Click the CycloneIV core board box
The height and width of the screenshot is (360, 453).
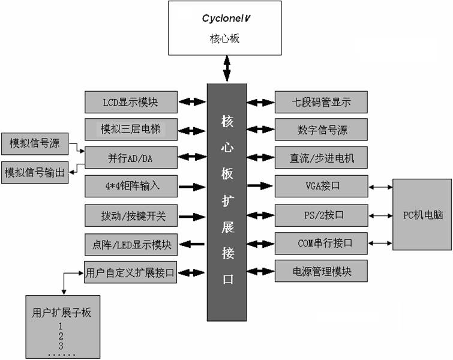click(x=225, y=28)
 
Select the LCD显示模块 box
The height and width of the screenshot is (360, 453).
click(x=131, y=102)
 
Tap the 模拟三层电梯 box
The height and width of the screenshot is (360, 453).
click(x=131, y=129)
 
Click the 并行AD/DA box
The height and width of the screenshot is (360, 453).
click(x=131, y=157)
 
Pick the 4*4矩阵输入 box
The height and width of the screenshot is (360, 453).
click(x=131, y=186)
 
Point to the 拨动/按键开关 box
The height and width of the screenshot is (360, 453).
click(x=131, y=215)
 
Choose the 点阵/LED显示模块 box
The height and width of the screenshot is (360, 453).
click(x=131, y=244)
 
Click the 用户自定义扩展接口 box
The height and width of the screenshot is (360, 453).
click(x=131, y=274)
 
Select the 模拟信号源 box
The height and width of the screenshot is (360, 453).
click(x=35, y=144)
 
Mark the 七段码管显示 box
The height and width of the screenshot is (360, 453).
click(x=320, y=102)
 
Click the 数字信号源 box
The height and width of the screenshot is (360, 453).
click(x=320, y=130)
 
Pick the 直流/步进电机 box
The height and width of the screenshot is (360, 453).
click(x=320, y=158)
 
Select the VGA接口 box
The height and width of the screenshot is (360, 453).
click(x=320, y=186)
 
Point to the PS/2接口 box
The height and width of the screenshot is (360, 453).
click(x=320, y=215)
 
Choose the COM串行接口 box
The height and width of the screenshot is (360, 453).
click(x=320, y=244)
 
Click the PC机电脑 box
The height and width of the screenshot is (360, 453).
click(x=421, y=214)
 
